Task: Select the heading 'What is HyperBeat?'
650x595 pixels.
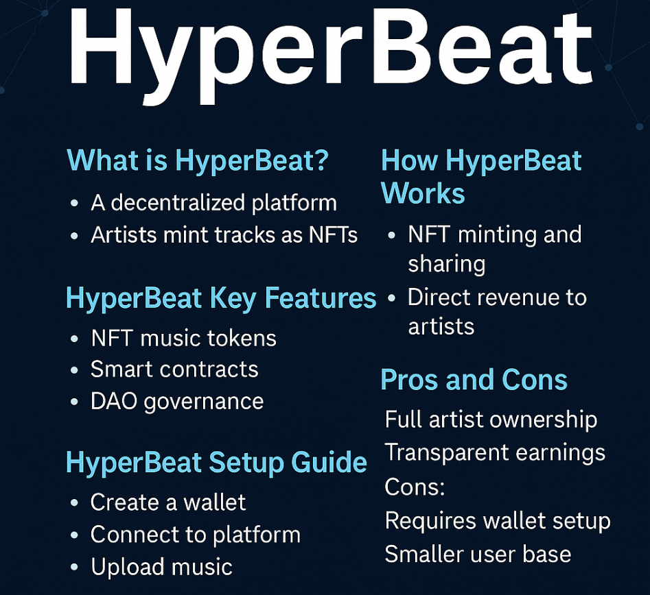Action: [x=198, y=161]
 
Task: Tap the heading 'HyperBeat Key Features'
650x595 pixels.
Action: [x=221, y=298]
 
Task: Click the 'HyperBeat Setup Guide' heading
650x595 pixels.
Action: [x=216, y=463]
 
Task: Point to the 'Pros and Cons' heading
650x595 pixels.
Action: [x=474, y=380]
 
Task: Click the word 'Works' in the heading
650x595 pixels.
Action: [x=423, y=193]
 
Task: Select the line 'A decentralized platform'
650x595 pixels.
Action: [x=213, y=203]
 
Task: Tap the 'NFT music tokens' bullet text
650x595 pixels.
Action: [x=183, y=338]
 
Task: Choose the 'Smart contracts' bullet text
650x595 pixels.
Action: [x=174, y=369]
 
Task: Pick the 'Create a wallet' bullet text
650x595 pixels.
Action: [x=168, y=502]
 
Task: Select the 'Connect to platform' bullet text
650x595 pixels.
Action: [x=195, y=535]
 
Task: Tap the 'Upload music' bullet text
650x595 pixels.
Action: [x=161, y=567]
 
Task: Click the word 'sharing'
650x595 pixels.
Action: [x=447, y=265]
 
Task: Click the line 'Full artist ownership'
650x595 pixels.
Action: [x=491, y=420]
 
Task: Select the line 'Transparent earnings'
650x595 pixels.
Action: [x=495, y=452]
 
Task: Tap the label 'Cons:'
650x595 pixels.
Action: [x=415, y=487]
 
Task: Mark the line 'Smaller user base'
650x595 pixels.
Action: [x=478, y=554]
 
